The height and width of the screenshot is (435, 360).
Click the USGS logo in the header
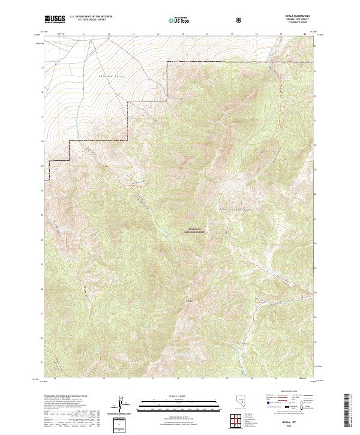coord(55,20)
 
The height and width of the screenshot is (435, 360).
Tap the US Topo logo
coord(181,20)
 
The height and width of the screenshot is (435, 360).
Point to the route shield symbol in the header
coord(239,20)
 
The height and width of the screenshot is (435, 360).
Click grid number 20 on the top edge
coord(305,35)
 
